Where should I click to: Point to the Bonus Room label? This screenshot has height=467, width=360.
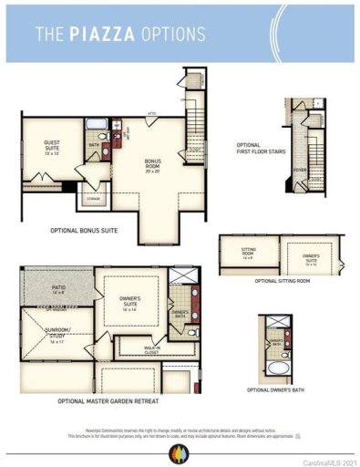click(x=152, y=167)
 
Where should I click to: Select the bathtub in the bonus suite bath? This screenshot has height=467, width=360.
click(x=98, y=125)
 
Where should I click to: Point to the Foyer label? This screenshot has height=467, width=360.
click(x=300, y=170)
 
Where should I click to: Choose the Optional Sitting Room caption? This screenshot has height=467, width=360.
click(x=282, y=280)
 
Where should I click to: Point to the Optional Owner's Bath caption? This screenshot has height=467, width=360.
click(x=282, y=390)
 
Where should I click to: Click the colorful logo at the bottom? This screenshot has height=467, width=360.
click(x=180, y=451)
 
